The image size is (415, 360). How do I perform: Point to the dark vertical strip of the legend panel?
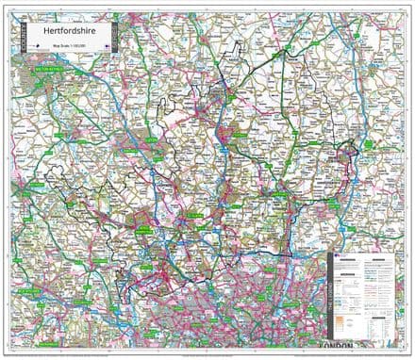(x=330, y=302)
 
